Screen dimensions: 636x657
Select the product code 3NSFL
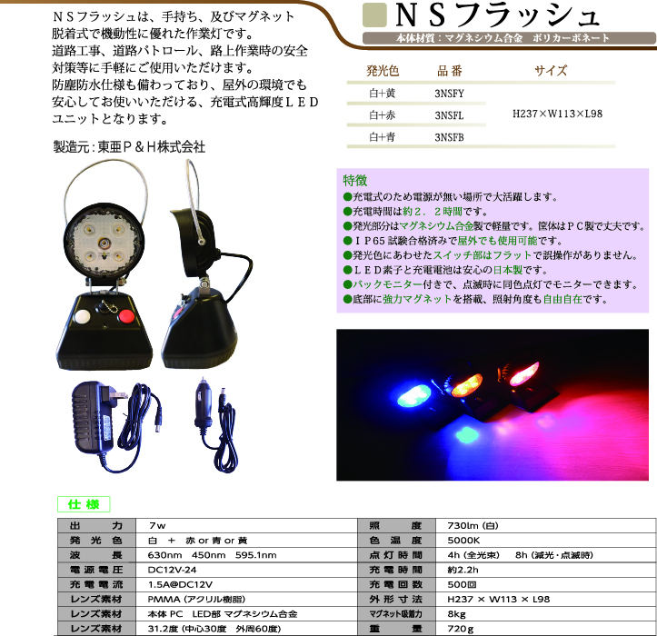449,115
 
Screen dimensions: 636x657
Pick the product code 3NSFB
449,137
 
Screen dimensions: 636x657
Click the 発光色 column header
383,70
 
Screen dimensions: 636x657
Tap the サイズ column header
551,70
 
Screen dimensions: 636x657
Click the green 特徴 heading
355,180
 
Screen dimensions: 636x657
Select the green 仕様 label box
84,503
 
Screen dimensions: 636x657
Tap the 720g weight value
461,628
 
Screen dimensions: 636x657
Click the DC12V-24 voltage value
174,569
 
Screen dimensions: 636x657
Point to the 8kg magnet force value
457,614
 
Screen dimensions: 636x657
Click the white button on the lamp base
83,317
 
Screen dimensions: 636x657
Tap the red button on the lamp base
126,317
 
